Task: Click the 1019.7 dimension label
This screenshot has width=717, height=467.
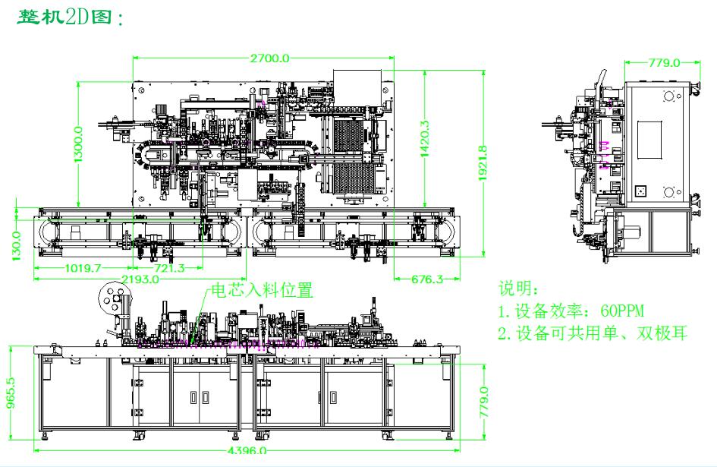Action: click(73, 268)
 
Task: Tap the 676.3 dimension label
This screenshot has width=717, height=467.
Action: click(426, 279)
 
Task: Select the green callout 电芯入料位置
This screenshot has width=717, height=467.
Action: click(261, 289)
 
